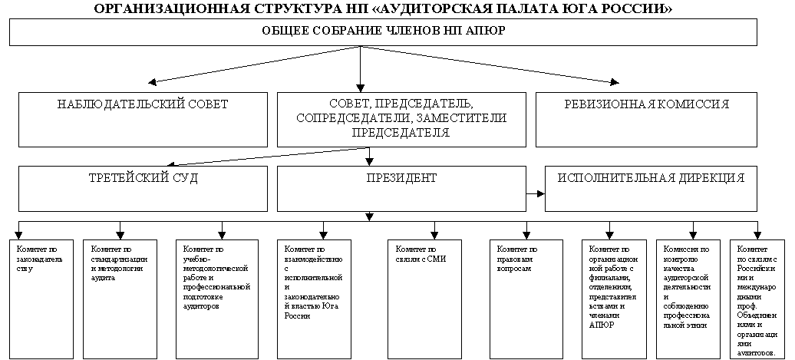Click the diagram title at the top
tap(384, 8)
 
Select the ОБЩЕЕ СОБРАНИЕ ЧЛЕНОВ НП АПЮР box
tap(384, 32)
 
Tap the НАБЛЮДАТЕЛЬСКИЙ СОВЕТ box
tap(143, 120)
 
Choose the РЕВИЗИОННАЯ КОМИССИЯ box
tap(646, 120)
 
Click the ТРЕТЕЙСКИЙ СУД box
tap(143, 189)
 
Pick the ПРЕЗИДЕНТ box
tap(401, 189)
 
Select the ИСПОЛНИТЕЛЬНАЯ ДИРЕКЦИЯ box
tap(651, 189)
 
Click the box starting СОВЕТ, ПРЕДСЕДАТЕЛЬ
tap(401, 120)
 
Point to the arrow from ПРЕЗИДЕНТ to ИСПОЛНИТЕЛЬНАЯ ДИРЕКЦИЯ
tap(536, 193)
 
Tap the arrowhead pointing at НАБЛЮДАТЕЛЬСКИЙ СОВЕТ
tap(152, 81)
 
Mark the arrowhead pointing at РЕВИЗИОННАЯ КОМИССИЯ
tap(615, 81)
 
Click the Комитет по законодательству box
tap(41, 299)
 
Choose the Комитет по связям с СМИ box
tap(424, 299)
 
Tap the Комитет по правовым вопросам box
tap(526, 299)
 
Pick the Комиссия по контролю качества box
tap(688, 299)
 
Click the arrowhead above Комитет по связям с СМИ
tap(434, 236)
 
